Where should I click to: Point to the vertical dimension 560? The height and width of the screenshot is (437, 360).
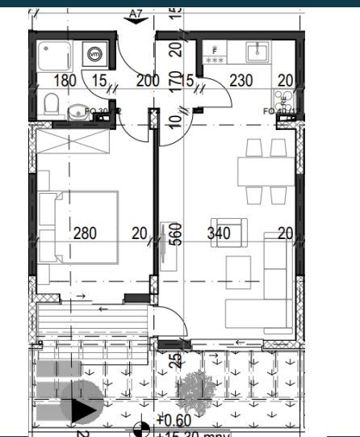coord(177,233)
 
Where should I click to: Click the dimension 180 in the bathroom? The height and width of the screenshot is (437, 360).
coord(65,81)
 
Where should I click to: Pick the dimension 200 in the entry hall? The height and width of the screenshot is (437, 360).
coord(148,81)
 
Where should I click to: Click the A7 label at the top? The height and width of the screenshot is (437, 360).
coord(136,14)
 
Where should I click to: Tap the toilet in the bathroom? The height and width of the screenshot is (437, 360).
coord(51,103)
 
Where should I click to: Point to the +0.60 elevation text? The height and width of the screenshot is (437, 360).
coord(173,420)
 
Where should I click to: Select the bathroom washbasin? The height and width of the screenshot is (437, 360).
coord(77,112)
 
